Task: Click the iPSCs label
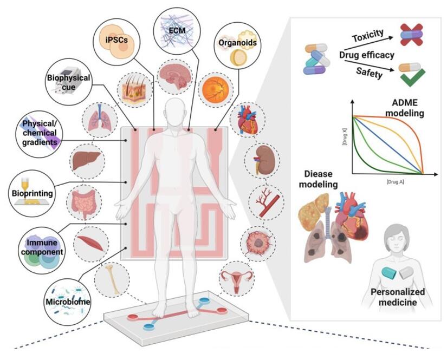[116, 40]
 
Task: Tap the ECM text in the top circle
[177, 30]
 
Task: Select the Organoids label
[237, 43]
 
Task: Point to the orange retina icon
[215, 90]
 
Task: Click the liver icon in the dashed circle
[86, 160]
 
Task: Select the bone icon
[112, 279]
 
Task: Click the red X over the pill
[411, 35]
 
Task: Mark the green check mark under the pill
[412, 77]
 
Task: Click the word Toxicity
[368, 36]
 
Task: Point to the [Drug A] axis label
[395, 182]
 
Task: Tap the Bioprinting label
[32, 193]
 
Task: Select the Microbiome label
[68, 302]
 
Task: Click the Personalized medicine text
[398, 297]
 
